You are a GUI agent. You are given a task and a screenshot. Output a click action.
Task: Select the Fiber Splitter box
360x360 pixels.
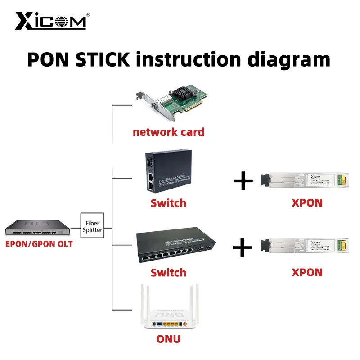click(x=92, y=225)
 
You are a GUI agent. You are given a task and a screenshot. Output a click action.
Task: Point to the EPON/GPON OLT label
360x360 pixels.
click(x=39, y=244)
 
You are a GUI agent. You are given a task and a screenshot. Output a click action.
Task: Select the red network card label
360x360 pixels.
click(x=168, y=132)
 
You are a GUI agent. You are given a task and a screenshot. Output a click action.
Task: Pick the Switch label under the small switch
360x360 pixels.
click(x=168, y=203)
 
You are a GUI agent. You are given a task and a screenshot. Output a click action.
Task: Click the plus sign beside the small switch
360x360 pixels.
click(x=243, y=181)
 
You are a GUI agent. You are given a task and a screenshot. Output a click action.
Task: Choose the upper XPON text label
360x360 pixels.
click(x=307, y=203)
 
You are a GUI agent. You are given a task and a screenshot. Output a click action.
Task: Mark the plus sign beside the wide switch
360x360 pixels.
click(x=243, y=247)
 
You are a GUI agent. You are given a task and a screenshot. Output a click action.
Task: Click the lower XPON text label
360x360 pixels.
click(x=307, y=272)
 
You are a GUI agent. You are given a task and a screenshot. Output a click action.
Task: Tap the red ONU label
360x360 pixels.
click(x=168, y=339)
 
